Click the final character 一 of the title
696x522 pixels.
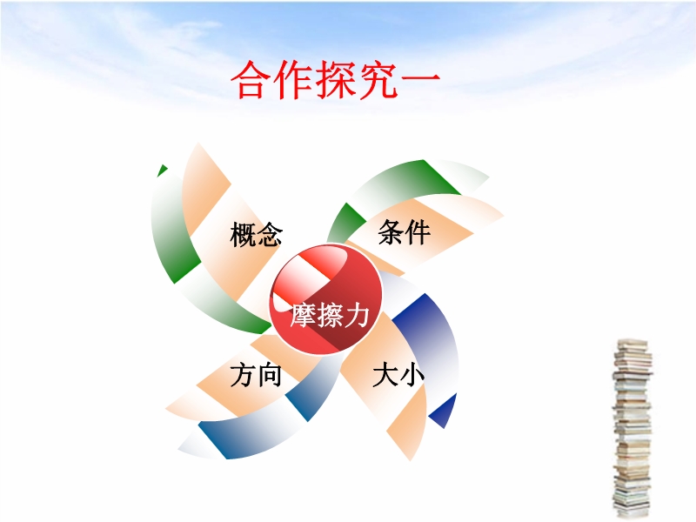coord(419,80)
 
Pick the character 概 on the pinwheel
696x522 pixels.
coord(243,234)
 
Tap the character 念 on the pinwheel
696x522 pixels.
coord(270,234)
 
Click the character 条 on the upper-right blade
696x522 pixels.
coord(391,231)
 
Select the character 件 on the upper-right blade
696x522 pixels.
coord(418,231)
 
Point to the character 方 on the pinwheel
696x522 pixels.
coord(243,375)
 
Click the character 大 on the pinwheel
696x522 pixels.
coord(385,375)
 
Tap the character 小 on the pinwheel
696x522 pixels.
coord(412,376)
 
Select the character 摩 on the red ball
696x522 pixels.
coord(304,315)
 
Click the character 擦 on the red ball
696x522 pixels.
coord(331,315)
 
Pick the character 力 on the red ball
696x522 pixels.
coord(357,315)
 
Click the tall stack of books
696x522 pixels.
coord(632,428)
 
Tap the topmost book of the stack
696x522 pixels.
coord(632,343)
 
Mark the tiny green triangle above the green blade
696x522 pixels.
coord(162,170)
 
